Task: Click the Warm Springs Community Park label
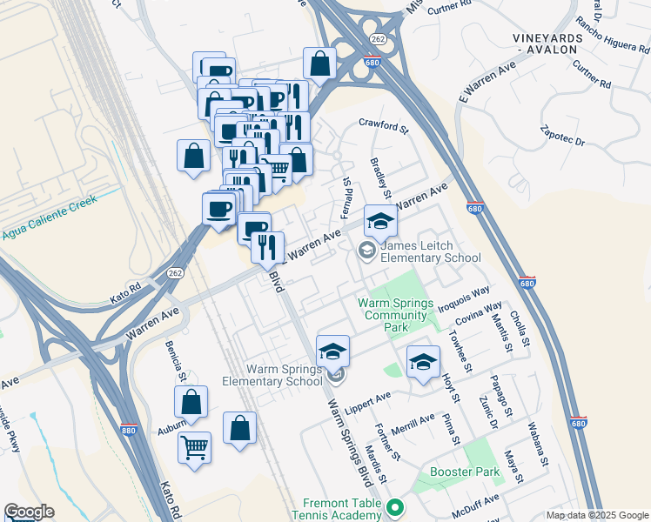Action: click(x=395, y=309)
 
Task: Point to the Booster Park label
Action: click(x=465, y=472)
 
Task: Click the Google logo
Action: click(x=29, y=512)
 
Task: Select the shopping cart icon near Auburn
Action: click(x=194, y=447)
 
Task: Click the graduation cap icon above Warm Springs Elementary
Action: click(x=332, y=351)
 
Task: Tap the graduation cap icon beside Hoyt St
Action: click(x=423, y=361)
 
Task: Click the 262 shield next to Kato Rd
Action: click(x=176, y=271)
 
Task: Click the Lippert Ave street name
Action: click(x=369, y=401)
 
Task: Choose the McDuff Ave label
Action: click(x=479, y=502)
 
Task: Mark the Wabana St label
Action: click(x=540, y=444)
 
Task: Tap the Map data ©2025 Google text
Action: click(x=597, y=515)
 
